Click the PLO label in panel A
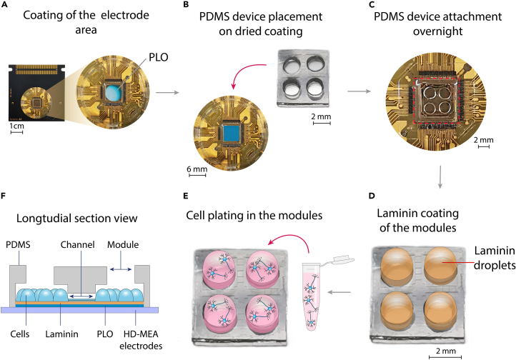[158, 57]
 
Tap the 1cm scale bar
[16, 132]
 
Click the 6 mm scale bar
[197, 175]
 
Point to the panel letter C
[372, 4]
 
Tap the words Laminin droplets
[495, 258]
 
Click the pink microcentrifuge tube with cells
[310, 298]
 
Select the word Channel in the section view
[78, 244]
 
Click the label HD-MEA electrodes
[141, 340]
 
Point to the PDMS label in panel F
[18, 244]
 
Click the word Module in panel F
[123, 244]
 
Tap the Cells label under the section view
[20, 334]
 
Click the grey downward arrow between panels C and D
[440, 178]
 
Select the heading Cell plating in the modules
[254, 215]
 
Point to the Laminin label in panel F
[62, 334]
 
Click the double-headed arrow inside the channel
[81, 296]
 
